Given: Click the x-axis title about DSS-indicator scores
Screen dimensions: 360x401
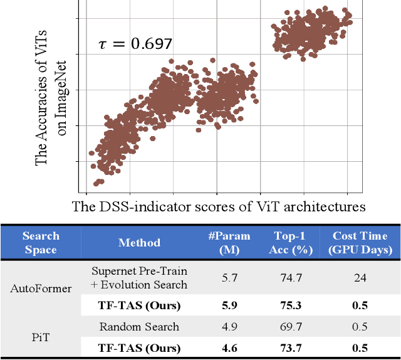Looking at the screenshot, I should pyautogui.click(x=218, y=206).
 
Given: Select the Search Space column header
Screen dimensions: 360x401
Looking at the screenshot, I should pyautogui.click(x=41, y=243).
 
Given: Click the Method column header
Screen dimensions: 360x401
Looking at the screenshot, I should pyautogui.click(x=139, y=243).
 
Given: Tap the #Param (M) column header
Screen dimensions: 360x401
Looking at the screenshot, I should pyautogui.click(x=229, y=243).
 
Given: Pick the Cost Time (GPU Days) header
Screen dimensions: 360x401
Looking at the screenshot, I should pyautogui.click(x=360, y=243).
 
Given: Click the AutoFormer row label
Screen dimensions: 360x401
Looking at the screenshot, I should pyautogui.click(x=41, y=289).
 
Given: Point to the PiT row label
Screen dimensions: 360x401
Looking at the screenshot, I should pyautogui.click(x=41, y=337).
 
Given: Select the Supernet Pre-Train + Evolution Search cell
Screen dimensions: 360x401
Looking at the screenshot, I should pyautogui.click(x=139, y=278).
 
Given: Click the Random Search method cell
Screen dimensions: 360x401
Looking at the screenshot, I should pyautogui.click(x=139, y=327).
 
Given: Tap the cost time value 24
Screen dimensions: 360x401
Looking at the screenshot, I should pyautogui.click(x=360, y=278).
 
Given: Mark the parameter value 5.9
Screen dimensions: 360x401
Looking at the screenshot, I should pyautogui.click(x=229, y=306).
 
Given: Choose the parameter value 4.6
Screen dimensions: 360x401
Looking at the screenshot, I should pyautogui.click(x=229, y=348).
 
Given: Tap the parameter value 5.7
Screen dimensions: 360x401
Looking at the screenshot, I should pyautogui.click(x=229, y=278).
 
